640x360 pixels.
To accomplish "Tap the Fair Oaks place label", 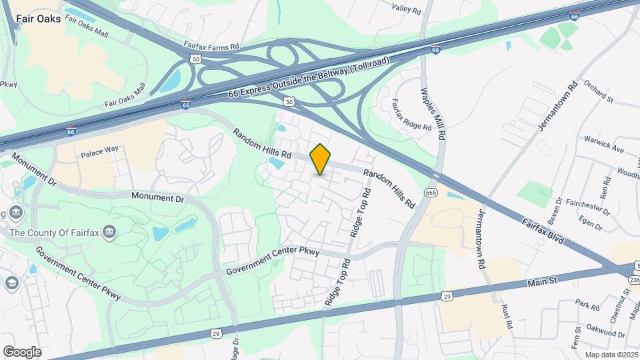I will (x=39, y=19).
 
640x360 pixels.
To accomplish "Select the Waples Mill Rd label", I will (x=433, y=109).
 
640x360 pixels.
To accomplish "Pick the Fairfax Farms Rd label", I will (x=211, y=47).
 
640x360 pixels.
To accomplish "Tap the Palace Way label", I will (x=99, y=154).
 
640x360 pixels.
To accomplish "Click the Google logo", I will (x=22, y=351).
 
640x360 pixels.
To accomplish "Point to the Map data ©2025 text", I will (x=611, y=355).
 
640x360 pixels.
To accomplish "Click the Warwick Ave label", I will (x=601, y=145).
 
